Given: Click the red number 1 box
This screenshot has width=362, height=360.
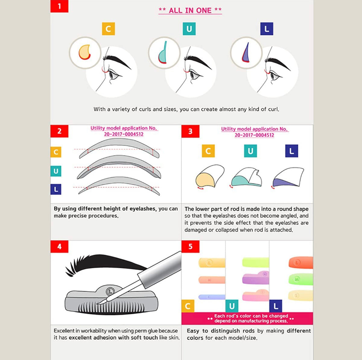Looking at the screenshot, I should pyautogui.click(x=59, y=6).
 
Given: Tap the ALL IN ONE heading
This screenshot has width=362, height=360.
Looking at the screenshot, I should pyautogui.click(x=190, y=10).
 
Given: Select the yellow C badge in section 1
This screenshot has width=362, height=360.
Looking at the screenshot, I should pyautogui.click(x=108, y=29).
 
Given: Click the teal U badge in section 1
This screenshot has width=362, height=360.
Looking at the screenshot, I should pyautogui.click(x=189, y=29).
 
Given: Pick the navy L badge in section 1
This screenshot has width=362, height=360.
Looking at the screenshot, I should pyautogui.click(x=267, y=29).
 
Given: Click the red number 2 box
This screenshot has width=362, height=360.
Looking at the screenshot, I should pyautogui.click(x=59, y=131).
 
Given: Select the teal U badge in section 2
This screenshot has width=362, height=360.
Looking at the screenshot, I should pyautogui.click(x=56, y=171).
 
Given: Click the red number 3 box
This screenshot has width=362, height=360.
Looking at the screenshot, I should pyautogui.click(x=190, y=131).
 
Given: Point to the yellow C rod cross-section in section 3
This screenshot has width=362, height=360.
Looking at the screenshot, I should pyautogui.click(x=205, y=180).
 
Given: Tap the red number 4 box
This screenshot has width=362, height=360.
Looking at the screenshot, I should pyautogui.click(x=59, y=246).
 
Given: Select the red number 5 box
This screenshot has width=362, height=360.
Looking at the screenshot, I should pyautogui.click(x=190, y=246).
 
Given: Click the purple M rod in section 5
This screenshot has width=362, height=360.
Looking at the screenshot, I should pyautogui.click(x=255, y=278).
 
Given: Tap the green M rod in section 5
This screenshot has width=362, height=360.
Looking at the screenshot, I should pyautogui.click(x=301, y=279).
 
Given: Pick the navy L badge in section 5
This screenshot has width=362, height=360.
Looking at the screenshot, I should pyautogui.click(x=276, y=306).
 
